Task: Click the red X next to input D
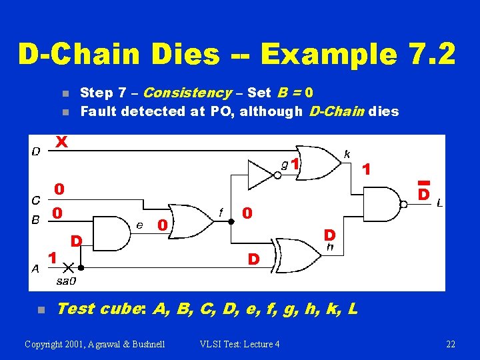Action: (x=61, y=142)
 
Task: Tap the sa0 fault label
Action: (x=66, y=281)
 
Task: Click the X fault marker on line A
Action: (x=67, y=268)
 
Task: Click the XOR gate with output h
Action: (x=297, y=255)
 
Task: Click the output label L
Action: (x=439, y=203)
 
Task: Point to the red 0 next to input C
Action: (x=59, y=189)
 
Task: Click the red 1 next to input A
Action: (x=51, y=255)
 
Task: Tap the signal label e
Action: (x=139, y=225)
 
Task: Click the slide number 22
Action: (x=451, y=344)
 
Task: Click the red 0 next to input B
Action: (x=59, y=213)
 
